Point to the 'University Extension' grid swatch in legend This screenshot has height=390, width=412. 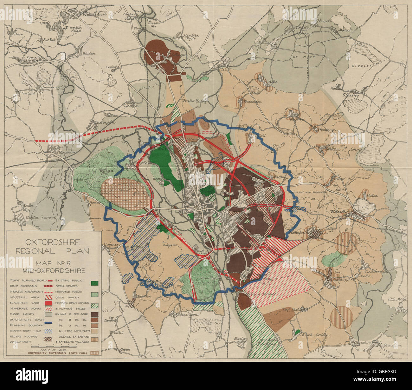pos(94,352)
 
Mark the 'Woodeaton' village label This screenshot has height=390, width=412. pos(252,102)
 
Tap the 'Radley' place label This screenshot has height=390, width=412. pos(240,339)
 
